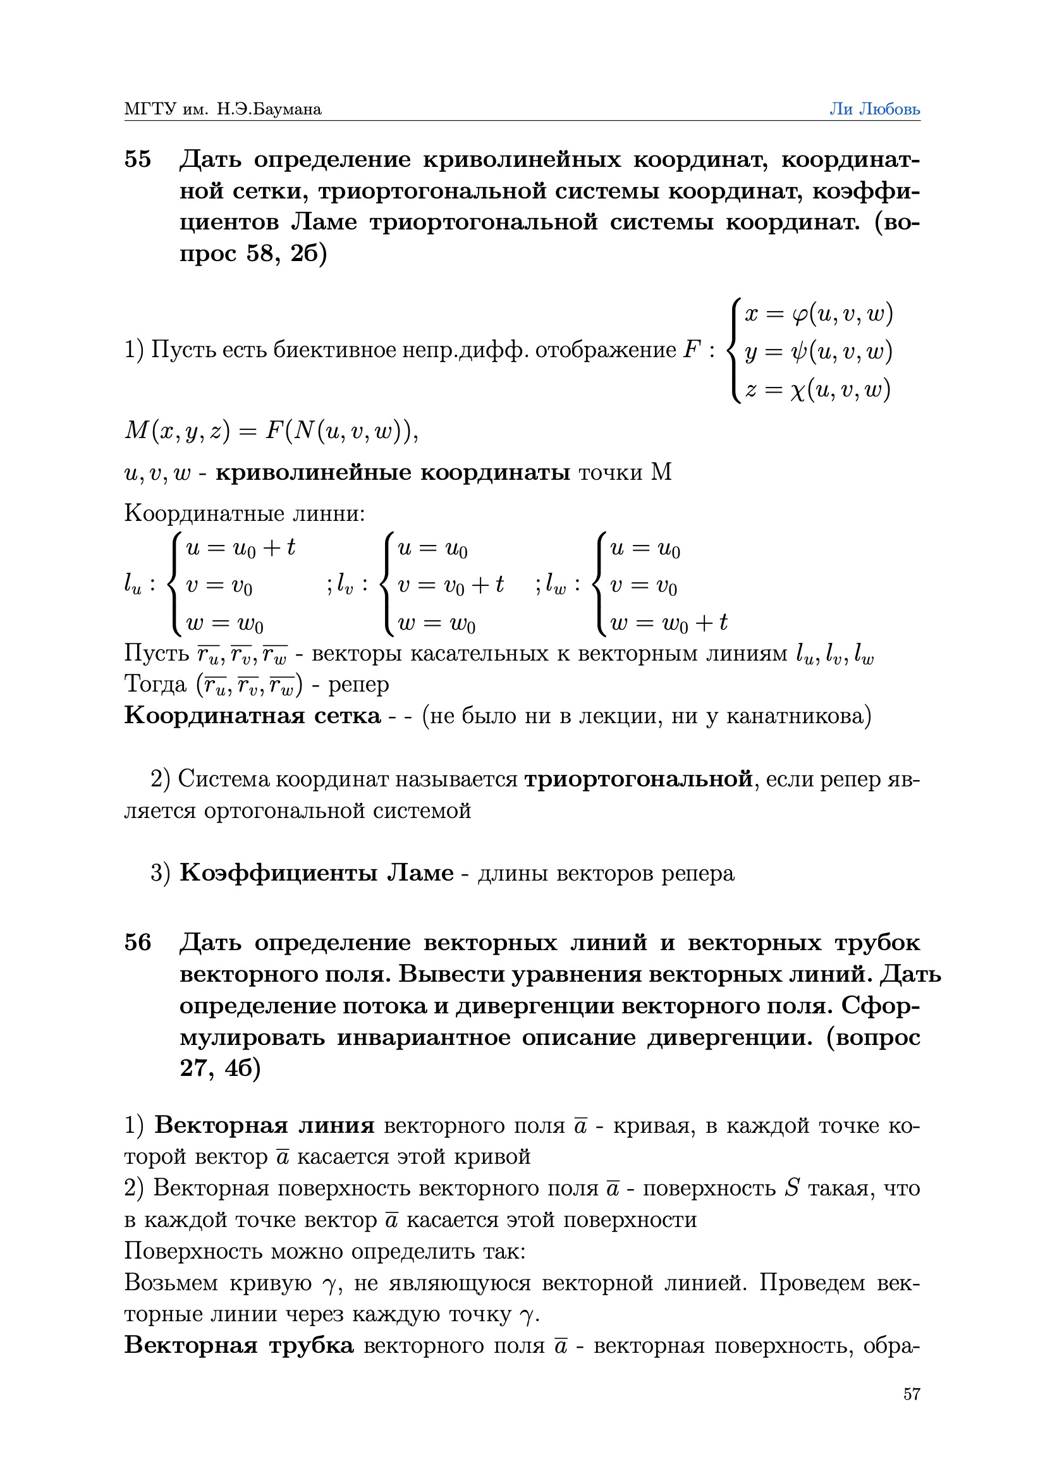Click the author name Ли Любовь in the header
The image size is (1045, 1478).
874,109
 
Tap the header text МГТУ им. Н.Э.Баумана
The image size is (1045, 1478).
223,109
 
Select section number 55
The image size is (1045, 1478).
138,159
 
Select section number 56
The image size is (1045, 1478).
138,943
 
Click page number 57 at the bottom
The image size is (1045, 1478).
911,1395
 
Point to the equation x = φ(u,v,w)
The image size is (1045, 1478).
818,314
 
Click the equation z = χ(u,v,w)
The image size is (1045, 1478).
817,389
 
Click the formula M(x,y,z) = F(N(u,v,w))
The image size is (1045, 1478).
271,431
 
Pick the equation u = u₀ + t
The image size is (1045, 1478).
240,548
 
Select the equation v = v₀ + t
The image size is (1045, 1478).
450,585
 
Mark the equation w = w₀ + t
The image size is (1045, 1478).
668,623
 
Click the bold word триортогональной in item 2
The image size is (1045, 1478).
638,779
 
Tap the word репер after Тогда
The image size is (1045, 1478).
358,684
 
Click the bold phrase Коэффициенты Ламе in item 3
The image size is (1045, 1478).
317,874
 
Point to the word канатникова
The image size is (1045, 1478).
798,716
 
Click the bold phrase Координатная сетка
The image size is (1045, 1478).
252,716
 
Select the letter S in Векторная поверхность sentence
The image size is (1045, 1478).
793,1188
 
